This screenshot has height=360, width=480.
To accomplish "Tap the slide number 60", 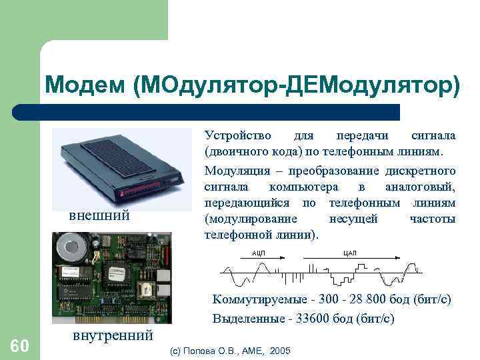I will point(19,345).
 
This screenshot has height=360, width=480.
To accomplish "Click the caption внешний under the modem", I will point(99,215).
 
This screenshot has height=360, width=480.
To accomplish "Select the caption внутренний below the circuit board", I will point(111,334).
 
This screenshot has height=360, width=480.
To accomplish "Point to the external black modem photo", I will point(121,166).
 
